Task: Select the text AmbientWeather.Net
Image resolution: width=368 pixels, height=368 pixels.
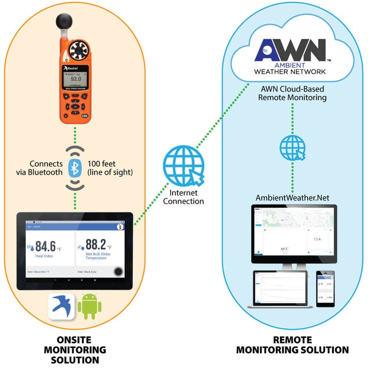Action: [x=293, y=198]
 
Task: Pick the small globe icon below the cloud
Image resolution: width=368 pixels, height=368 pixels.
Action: [x=293, y=147]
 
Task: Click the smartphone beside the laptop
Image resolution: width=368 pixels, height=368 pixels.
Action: [x=326, y=289]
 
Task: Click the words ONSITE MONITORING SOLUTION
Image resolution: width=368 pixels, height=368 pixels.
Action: [x=75, y=349]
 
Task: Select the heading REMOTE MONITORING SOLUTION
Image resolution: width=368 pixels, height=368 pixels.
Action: [x=293, y=345]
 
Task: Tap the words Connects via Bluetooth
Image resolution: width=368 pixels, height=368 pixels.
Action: [x=46, y=168]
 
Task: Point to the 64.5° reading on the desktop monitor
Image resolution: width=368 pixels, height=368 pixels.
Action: [x=285, y=249]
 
